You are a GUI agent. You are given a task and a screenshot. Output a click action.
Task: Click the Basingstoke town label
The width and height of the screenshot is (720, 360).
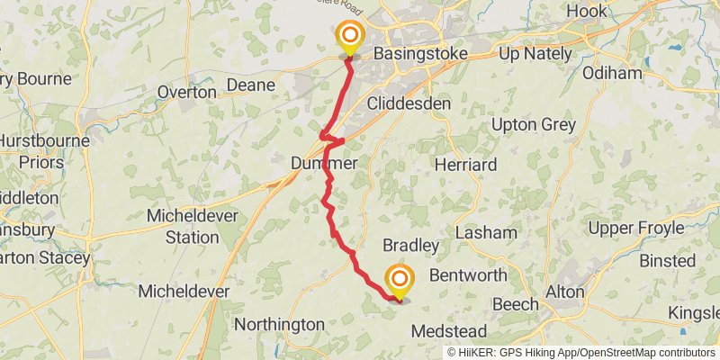coord(420,54)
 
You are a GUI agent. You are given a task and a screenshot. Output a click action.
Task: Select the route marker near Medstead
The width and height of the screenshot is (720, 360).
coord(398,280)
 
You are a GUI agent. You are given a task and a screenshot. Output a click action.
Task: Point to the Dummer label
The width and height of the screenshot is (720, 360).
coord(325,165)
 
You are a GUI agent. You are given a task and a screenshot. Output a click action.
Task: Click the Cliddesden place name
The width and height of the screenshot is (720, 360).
coord(409,103)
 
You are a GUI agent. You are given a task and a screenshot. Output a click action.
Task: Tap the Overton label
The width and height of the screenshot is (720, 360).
coord(186,92)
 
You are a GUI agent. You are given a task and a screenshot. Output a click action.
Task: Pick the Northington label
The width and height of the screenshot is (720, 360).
coord(279,324)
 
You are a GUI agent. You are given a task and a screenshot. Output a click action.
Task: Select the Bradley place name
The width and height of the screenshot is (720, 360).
coord(410,246)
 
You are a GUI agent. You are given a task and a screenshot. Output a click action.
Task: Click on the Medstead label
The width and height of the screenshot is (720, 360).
coord(449,331)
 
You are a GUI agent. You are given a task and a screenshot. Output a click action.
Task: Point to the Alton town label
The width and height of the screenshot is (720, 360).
coord(564,292)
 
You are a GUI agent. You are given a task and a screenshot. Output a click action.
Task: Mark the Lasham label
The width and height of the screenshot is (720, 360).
coord(486,232)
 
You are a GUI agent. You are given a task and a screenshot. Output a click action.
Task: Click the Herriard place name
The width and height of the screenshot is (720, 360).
coord(465,166)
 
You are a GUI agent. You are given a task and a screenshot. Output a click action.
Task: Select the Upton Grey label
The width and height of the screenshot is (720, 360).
coord(535,124)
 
